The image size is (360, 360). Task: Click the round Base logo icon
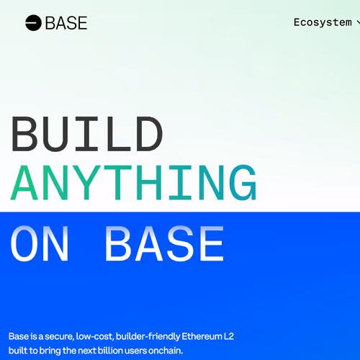pos(33,23)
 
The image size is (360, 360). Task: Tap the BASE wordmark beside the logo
pos(66,23)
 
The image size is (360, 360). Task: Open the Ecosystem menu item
pos(323,22)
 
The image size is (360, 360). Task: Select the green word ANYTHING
pos(135,185)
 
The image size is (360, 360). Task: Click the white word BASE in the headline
pos(165,244)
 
